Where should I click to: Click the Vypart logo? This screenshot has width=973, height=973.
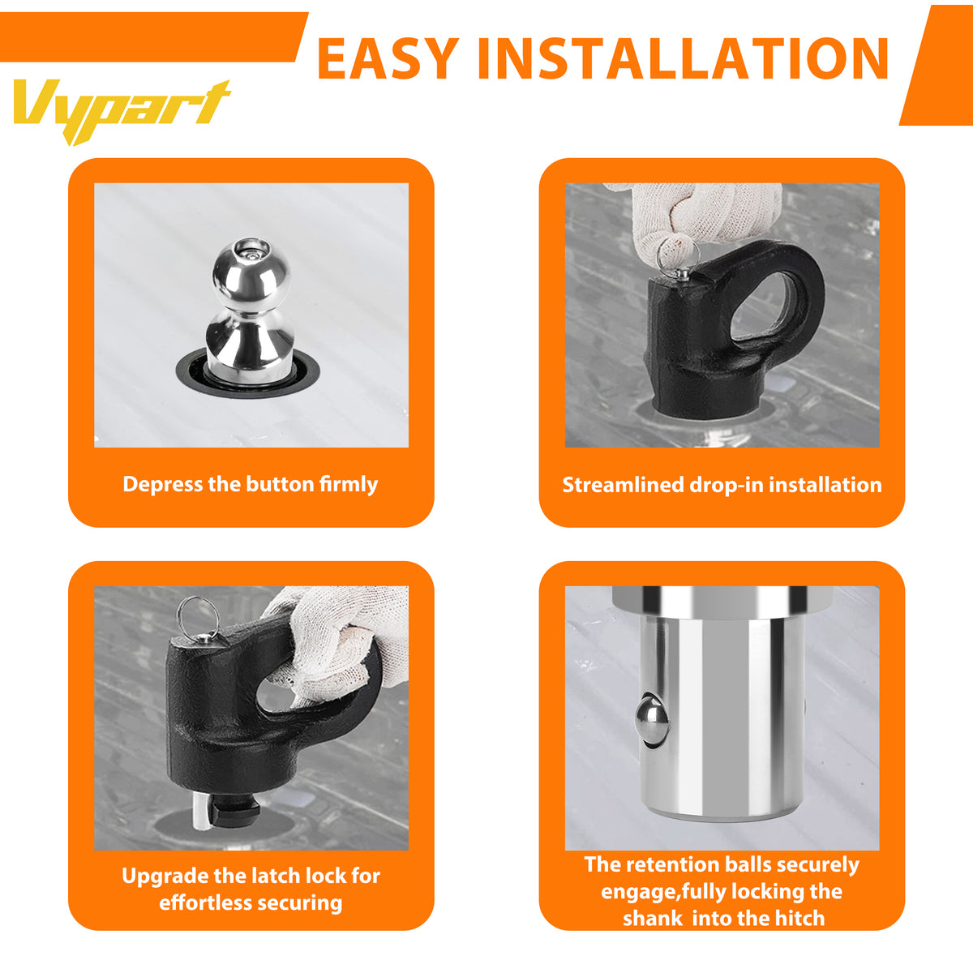(x=122, y=109)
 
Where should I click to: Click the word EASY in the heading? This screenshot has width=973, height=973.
(x=388, y=58)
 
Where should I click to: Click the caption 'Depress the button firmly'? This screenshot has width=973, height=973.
(x=250, y=484)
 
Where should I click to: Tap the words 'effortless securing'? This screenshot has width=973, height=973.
(x=251, y=902)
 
